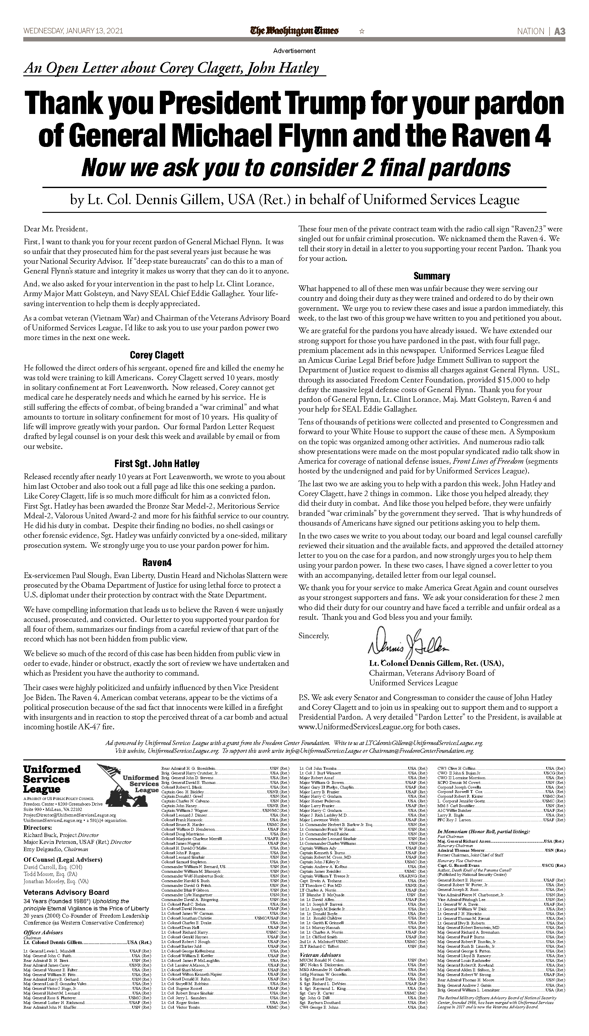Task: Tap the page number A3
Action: [559, 31]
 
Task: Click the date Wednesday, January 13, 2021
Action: [73, 31]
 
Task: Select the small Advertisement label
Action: [294, 51]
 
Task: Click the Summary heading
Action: [432, 276]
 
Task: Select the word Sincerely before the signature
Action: [314, 636]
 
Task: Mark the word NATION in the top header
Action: [530, 31]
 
